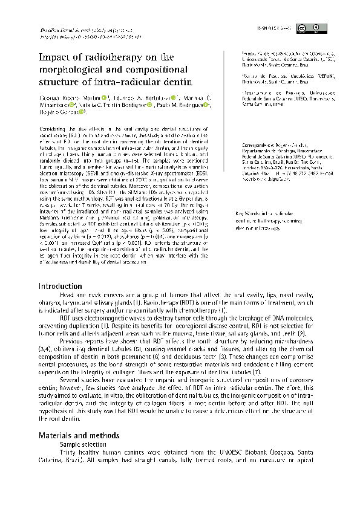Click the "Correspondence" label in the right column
click(x=254, y=146)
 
